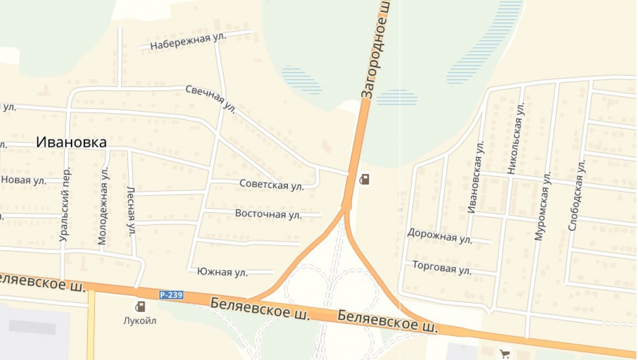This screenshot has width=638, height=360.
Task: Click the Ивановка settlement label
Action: tap(71, 142)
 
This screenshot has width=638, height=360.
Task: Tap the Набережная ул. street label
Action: tap(180, 40)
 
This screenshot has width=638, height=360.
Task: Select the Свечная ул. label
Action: tap(210, 99)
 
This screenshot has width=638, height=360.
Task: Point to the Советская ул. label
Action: tap(272, 185)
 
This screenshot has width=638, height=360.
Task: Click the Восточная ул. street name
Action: tap(268, 214)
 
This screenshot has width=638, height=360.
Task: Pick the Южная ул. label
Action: tap(222, 272)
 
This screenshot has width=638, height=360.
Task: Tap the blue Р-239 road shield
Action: tap(171, 295)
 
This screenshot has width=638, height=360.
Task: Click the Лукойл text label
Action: tap(140, 321)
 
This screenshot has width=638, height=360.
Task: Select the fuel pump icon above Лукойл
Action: tap(140, 306)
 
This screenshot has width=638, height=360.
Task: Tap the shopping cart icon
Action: tap(504, 353)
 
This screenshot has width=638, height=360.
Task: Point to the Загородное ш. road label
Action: tap(376, 49)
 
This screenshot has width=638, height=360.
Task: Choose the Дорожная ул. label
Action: tap(440, 236)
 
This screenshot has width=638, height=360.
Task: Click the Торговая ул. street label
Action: tap(442, 267)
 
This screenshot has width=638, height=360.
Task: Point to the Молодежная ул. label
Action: tap(103, 206)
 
